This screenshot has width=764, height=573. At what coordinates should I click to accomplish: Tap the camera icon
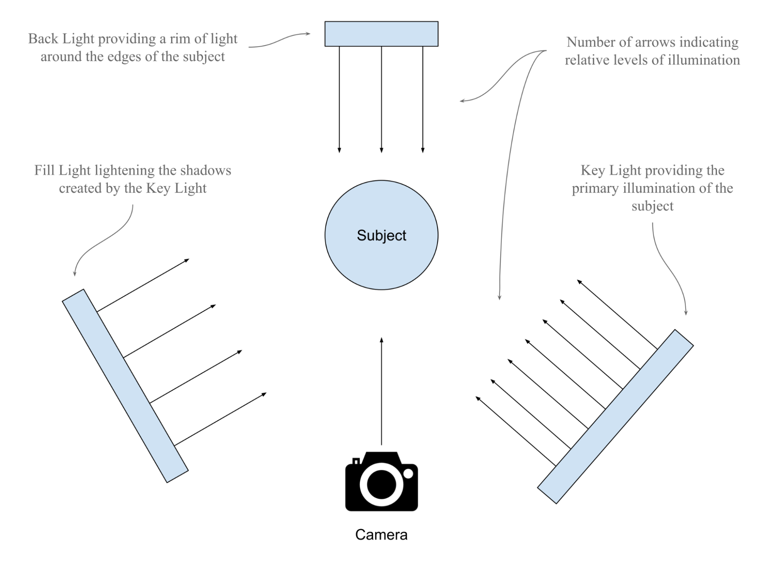tap(381, 481)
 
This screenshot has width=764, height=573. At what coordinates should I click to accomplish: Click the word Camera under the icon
tap(381, 534)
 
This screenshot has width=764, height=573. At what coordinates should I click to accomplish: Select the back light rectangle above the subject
tap(381, 34)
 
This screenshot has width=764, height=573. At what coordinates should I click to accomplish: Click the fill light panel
tap(125, 386)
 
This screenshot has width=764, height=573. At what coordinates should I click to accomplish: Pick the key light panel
tap(615, 416)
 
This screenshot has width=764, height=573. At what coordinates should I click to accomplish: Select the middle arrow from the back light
tap(381, 99)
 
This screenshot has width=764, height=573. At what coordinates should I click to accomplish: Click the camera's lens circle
tap(381, 484)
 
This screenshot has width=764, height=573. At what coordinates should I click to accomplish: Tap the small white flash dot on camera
tap(408, 474)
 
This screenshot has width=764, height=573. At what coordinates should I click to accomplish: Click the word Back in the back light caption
tap(43, 39)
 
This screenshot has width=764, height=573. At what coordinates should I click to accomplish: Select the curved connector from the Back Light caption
tap(279, 40)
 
